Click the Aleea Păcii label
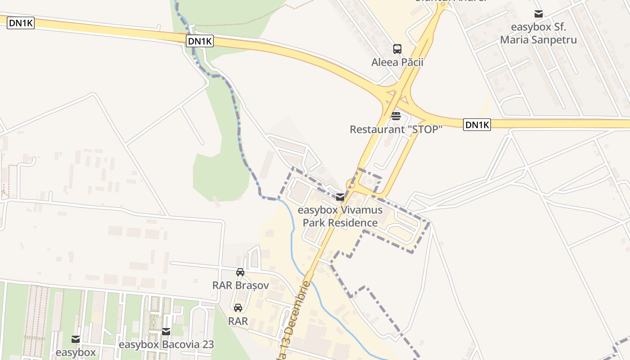[x=397, y=62]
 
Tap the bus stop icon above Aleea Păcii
[x=397, y=49]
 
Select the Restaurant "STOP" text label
[x=396, y=130]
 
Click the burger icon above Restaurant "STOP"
[x=396, y=116]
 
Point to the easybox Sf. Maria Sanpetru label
[x=538, y=33]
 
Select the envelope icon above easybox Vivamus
[x=340, y=197]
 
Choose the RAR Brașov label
[x=240, y=285]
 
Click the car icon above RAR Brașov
[x=240, y=272]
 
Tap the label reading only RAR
[x=238, y=321]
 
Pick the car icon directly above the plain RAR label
[x=238, y=308]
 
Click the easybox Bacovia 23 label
[x=166, y=345]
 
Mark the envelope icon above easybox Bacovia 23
[x=166, y=332]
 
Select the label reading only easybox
[x=76, y=352]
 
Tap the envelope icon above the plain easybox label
[x=76, y=339]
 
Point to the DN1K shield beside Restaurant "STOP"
[x=477, y=125]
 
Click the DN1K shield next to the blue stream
[x=200, y=41]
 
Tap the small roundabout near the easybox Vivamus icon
[x=351, y=184]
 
